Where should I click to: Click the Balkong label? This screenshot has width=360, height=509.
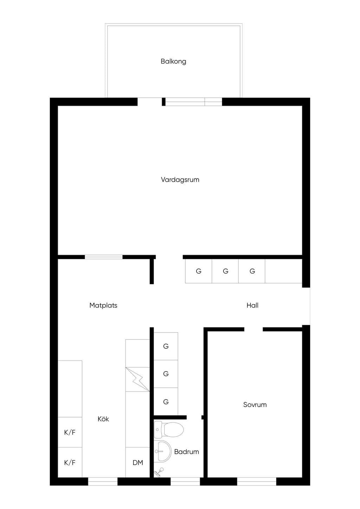[x=173, y=62]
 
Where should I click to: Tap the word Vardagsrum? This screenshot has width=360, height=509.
[x=180, y=180]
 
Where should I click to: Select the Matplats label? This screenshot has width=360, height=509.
[x=103, y=305]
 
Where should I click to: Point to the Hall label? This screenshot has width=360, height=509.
[x=252, y=305]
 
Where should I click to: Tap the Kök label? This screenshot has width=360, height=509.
[x=103, y=419]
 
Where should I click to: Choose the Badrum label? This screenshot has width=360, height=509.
[x=186, y=451]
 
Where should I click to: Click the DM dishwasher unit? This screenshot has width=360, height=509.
[x=137, y=462]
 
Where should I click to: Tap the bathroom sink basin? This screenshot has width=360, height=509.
[x=163, y=451]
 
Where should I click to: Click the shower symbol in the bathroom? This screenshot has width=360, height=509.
[x=159, y=472]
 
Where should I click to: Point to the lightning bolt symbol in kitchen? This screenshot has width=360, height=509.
[x=137, y=379]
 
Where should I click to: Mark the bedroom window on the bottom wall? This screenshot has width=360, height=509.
[x=257, y=481]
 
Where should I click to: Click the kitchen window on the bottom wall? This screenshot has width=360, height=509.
[x=103, y=481]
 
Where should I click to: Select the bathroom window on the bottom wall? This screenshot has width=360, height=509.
[x=185, y=481]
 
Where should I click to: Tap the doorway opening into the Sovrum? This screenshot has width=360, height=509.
[x=253, y=329]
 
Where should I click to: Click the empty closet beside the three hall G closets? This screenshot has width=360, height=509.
[x=283, y=271]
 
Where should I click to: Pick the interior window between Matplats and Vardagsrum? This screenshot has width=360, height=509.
[x=104, y=257]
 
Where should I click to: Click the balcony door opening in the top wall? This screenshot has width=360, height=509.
[x=149, y=102]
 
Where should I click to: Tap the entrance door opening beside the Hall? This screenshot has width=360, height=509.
[x=306, y=306]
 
